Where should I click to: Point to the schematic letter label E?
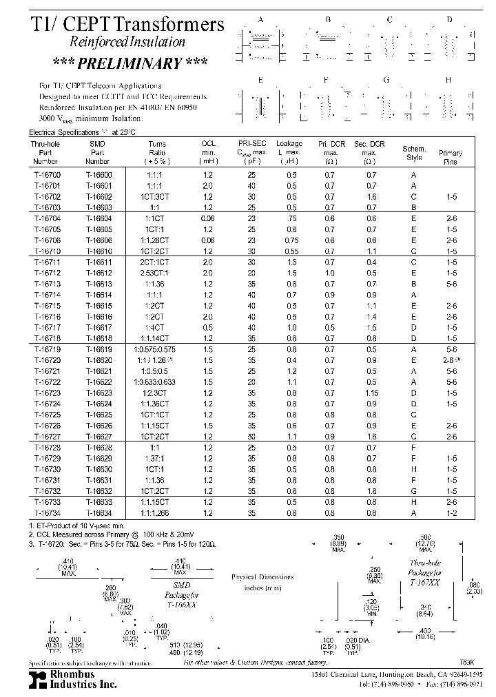pyautogui.click(x=260, y=81)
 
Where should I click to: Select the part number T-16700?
pyautogui.click(x=46, y=176)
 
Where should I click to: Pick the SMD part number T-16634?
pyautogui.click(x=99, y=512)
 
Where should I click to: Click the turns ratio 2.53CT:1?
pyautogui.click(x=158, y=273)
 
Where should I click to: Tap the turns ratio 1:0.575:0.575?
pyautogui.click(x=158, y=350)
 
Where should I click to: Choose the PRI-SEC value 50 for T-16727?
pyautogui.click(x=251, y=436)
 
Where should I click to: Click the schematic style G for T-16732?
pyautogui.click(x=414, y=492)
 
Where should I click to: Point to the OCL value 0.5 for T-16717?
pyautogui.click(x=208, y=327)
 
